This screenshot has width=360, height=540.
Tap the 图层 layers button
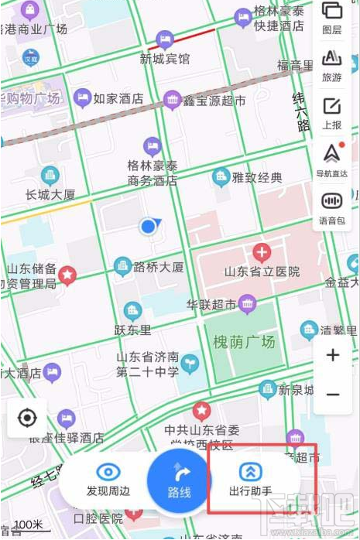coord(331,17)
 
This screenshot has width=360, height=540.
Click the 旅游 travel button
coord(331,65)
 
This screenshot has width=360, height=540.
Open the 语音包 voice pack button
coord(331,207)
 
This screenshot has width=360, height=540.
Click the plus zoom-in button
coord(333,355)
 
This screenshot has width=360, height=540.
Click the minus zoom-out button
coord(333,394)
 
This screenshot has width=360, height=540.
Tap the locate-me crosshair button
coord(27,419)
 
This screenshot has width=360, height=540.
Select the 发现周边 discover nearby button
coord(108,480)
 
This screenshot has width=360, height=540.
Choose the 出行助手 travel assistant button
coord(250,480)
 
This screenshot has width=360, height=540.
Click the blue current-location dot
coord(149,226)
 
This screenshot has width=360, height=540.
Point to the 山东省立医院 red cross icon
coord(262,251)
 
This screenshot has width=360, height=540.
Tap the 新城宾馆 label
coord(165,58)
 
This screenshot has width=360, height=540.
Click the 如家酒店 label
coord(118,98)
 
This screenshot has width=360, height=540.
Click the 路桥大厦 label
coord(159,268)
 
